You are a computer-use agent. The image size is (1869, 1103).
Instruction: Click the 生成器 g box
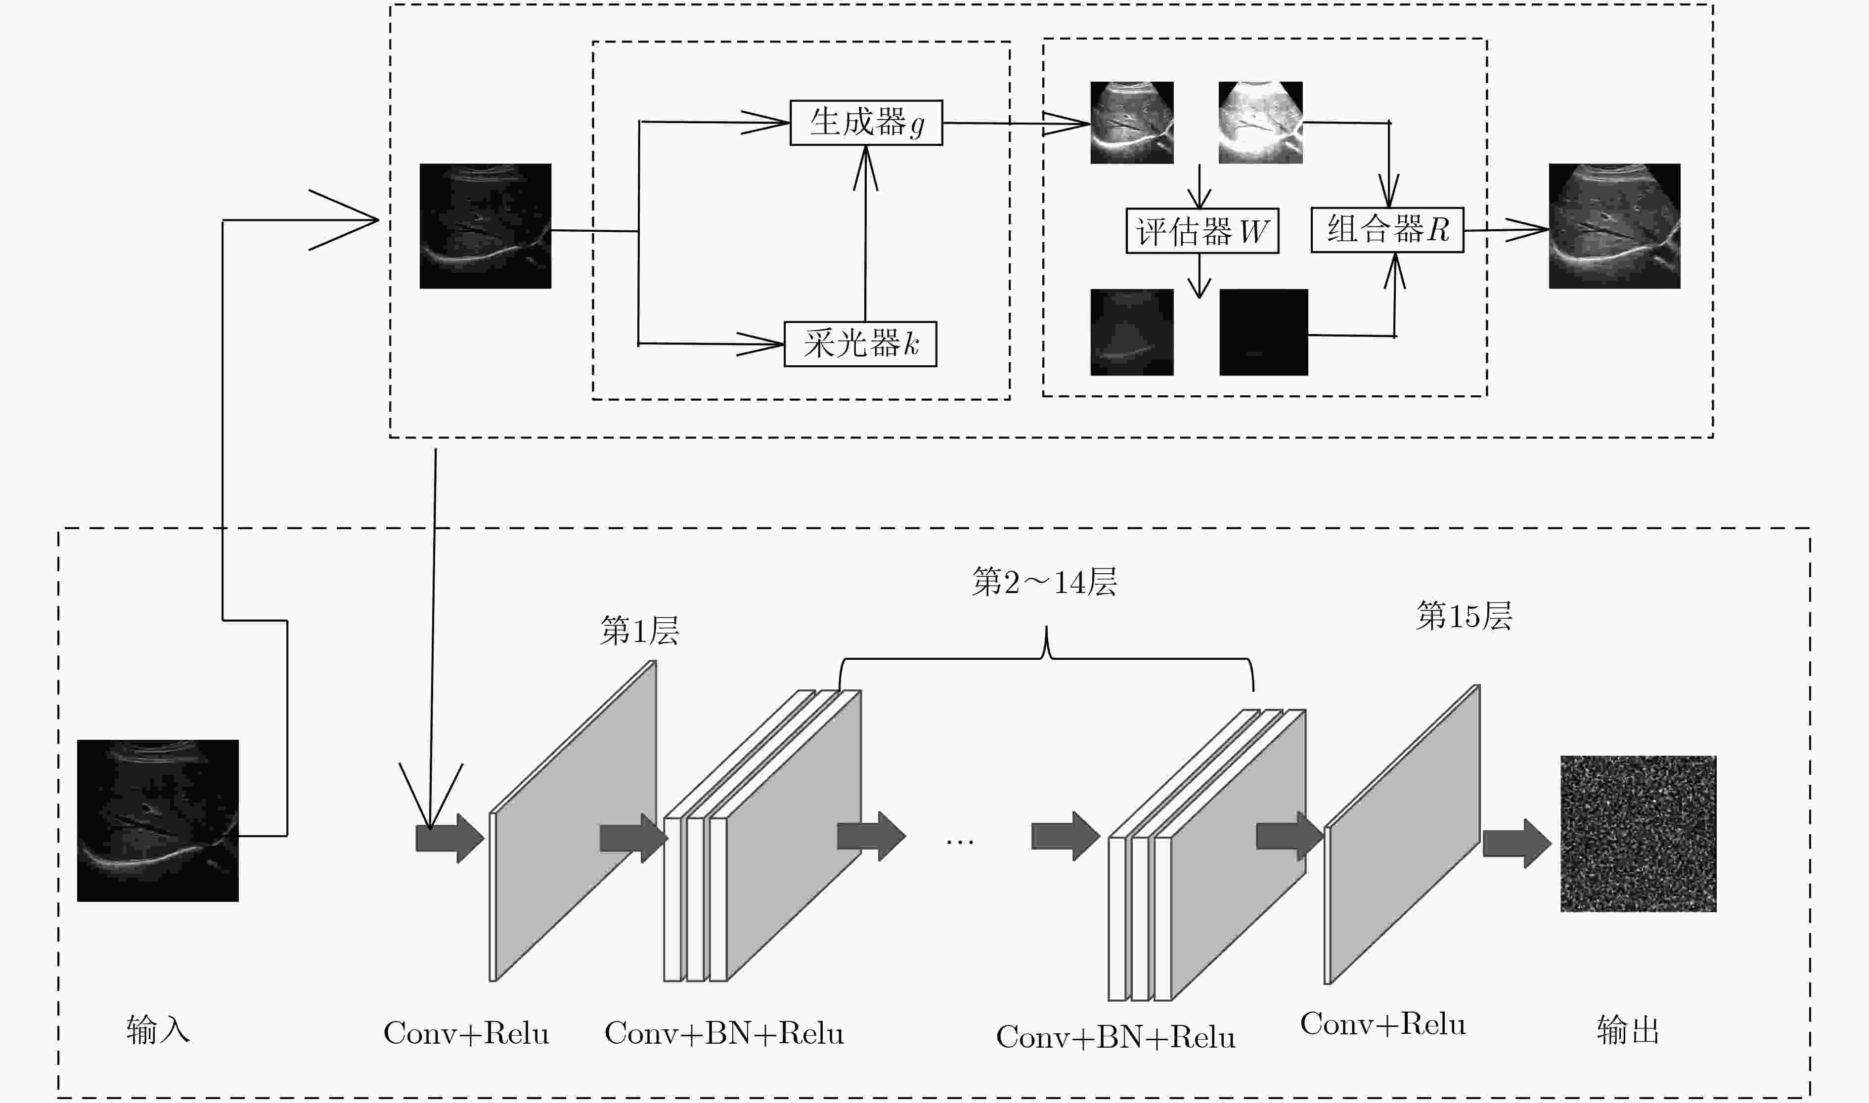[x=866, y=123]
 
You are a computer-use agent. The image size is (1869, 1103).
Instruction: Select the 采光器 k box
[x=860, y=344]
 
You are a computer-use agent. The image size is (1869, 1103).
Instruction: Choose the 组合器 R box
[x=1387, y=230]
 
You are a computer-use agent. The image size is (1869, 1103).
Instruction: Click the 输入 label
[x=158, y=1030]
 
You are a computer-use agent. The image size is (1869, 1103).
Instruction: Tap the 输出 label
[x=1628, y=1030]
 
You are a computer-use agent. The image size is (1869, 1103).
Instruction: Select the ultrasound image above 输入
[x=158, y=820]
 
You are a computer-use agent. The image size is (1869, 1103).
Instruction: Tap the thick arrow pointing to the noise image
[x=1516, y=844]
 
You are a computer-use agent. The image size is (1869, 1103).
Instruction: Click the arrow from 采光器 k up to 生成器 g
[x=865, y=233]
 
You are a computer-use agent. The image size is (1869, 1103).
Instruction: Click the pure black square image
[x=1264, y=332]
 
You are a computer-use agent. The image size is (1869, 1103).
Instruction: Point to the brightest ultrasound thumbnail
[x=1261, y=123]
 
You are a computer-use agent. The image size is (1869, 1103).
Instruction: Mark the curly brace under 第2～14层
[x=1047, y=659]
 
